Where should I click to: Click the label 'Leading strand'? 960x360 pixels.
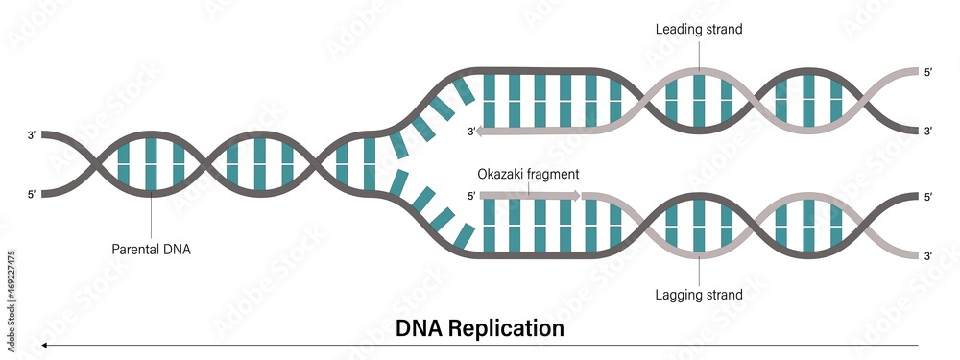click(x=698, y=29)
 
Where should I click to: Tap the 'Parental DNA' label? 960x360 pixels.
click(x=151, y=248)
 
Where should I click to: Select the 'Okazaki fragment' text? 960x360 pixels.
click(x=528, y=175)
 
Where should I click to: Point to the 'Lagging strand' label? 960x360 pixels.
click(x=698, y=295)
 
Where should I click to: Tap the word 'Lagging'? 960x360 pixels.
click(x=678, y=295)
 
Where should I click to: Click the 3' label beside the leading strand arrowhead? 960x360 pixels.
click(x=471, y=131)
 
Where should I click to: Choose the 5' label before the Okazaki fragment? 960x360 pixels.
click(x=471, y=196)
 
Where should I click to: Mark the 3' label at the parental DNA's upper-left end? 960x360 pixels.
click(x=32, y=136)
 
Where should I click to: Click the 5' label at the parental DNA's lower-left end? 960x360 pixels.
click(x=32, y=196)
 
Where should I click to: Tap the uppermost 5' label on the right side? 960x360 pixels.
click(x=926, y=71)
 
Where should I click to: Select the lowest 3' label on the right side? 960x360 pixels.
click(x=926, y=256)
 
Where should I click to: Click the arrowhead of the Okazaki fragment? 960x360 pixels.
click(x=577, y=196)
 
